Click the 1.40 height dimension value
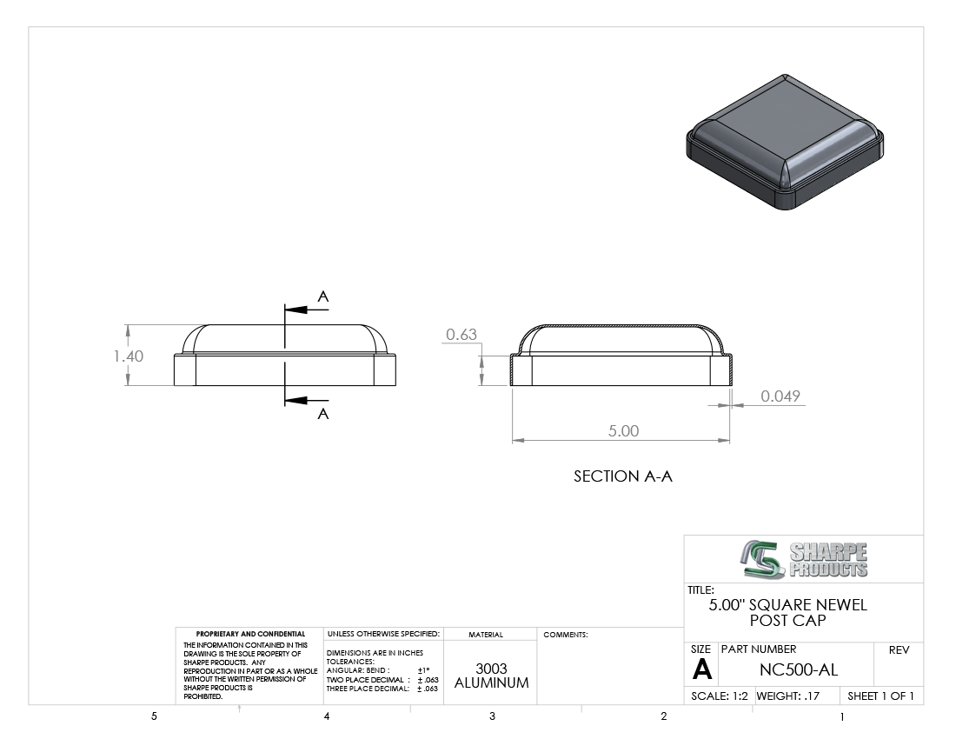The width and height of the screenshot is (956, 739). click(129, 356)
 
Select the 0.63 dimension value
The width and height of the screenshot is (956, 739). click(461, 334)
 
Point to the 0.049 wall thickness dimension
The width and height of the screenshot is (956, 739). click(780, 396)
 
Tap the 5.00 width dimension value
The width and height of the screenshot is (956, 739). click(624, 431)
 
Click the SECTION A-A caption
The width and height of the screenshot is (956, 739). click(623, 476)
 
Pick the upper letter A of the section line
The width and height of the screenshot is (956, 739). click(323, 297)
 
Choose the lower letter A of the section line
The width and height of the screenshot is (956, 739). click(323, 414)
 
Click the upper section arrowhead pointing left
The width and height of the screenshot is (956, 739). click(295, 310)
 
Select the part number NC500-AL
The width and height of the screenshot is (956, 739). click(799, 670)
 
